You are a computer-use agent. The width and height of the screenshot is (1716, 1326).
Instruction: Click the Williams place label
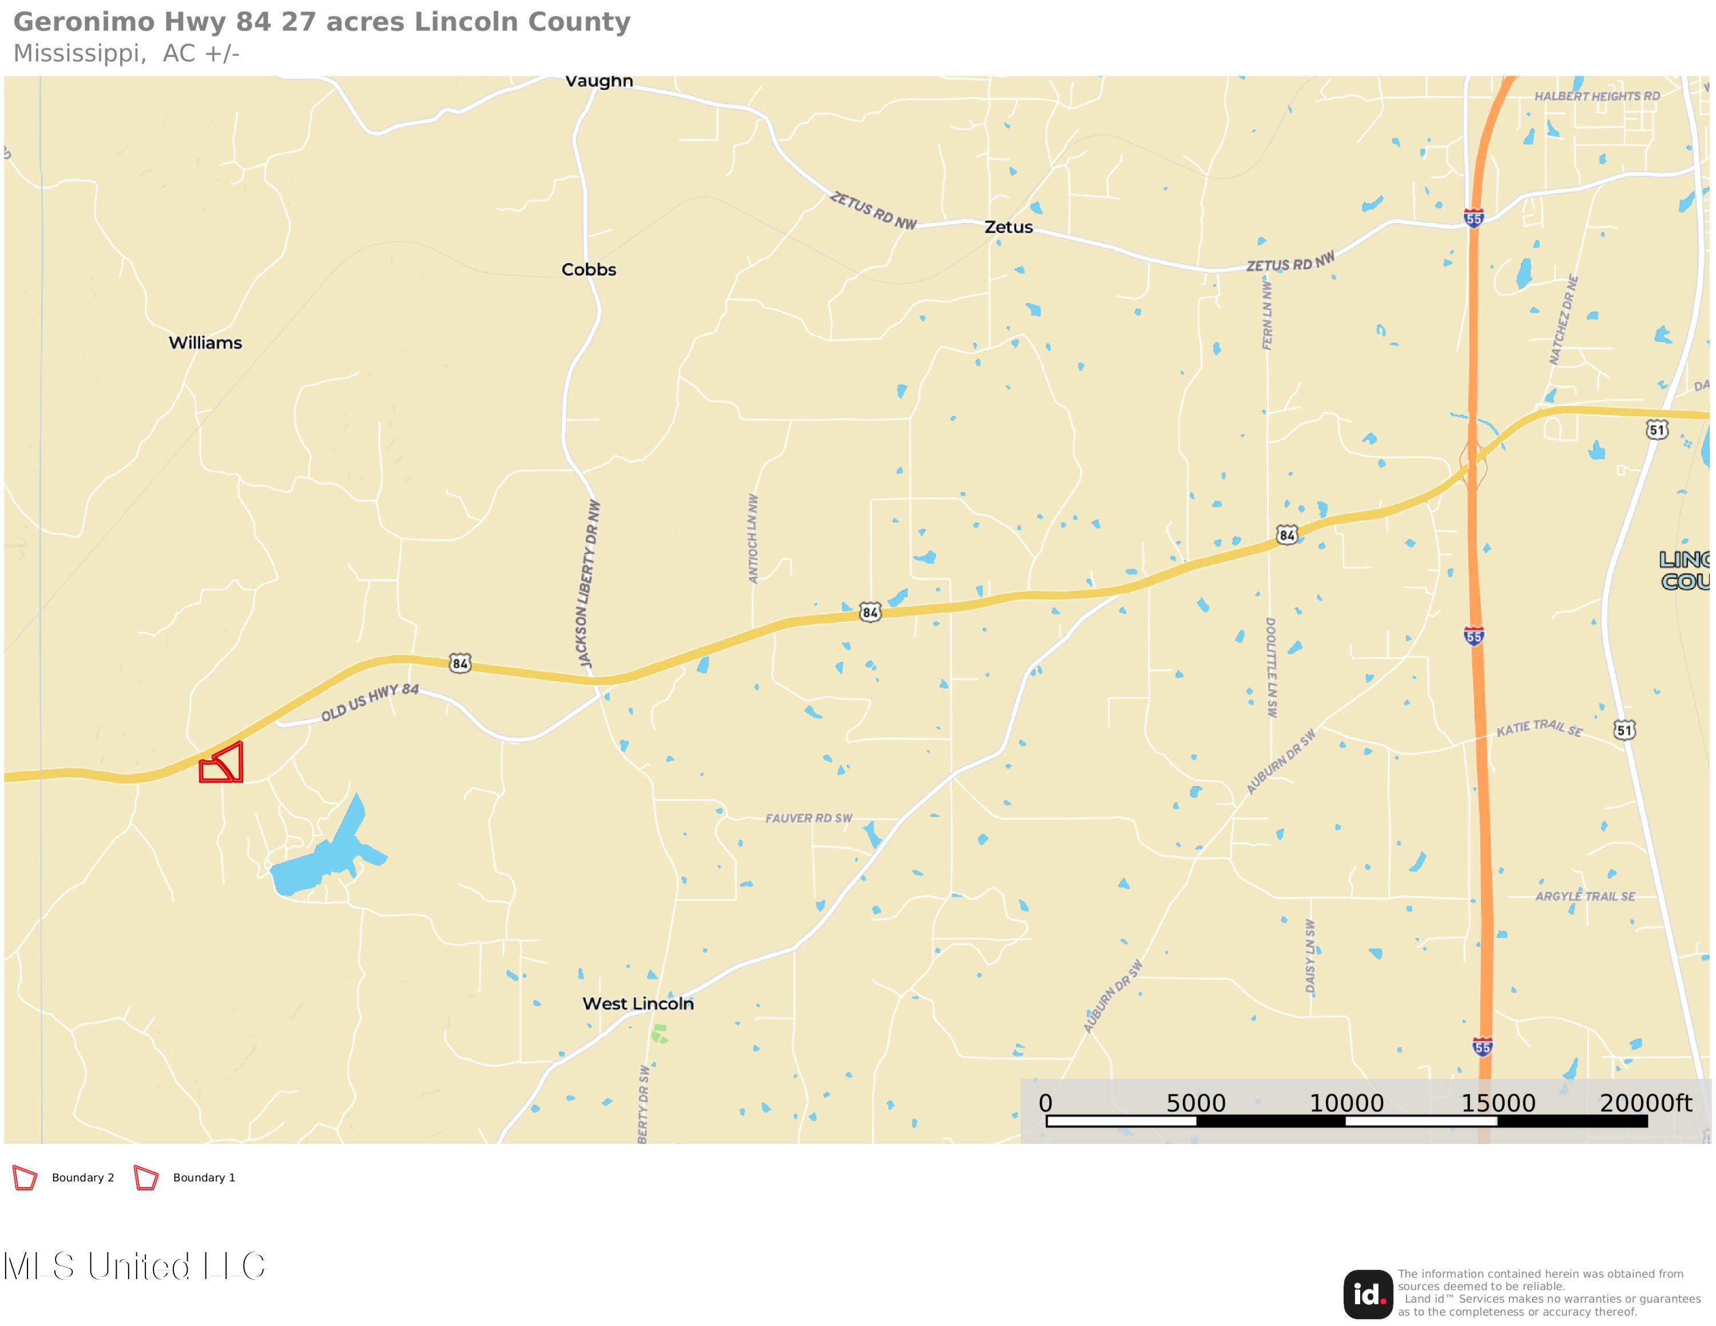click(205, 343)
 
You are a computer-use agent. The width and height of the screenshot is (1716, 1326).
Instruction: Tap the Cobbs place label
click(589, 269)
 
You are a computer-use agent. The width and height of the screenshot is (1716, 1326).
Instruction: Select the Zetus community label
click(1008, 227)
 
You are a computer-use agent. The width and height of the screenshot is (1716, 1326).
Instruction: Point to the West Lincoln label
click(638, 1003)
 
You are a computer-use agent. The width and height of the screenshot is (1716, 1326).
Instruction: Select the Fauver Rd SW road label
click(808, 818)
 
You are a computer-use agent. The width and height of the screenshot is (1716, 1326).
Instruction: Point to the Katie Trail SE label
click(1539, 728)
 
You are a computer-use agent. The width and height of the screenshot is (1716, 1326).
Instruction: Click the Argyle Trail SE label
click(1585, 896)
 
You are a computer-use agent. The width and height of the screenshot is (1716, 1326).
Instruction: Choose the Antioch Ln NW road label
click(753, 539)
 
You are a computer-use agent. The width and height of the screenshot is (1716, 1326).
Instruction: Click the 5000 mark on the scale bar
click(1195, 1103)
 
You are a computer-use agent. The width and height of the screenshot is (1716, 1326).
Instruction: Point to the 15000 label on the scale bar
click(1497, 1103)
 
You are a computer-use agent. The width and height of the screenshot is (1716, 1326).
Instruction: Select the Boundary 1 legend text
click(204, 1177)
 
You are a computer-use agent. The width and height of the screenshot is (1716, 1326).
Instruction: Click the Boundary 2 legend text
click(82, 1177)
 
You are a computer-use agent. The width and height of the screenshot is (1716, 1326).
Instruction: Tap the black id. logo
click(1367, 1295)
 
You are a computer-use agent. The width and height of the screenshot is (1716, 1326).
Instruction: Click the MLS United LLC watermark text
click(134, 1267)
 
